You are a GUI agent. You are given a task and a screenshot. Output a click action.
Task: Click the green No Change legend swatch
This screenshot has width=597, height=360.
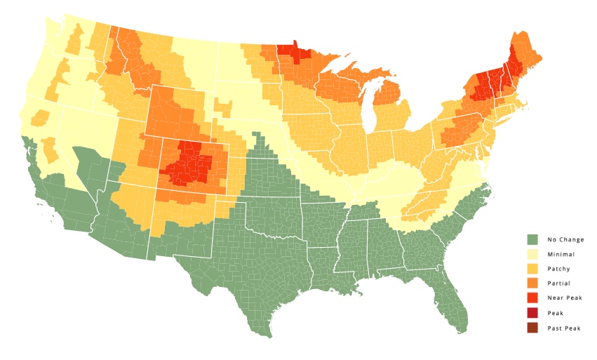tap(532, 239)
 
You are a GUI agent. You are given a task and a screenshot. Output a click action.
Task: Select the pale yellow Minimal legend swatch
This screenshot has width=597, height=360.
tap(532, 254)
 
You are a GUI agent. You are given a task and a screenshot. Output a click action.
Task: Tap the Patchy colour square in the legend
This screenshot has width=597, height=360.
tap(532, 269)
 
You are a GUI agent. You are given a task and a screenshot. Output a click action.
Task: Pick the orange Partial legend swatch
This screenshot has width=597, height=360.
tap(532, 284)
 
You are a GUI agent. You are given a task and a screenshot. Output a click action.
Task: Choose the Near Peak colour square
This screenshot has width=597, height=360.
tap(532, 298)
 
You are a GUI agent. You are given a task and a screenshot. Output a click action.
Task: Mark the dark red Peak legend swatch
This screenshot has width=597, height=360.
tap(532, 313)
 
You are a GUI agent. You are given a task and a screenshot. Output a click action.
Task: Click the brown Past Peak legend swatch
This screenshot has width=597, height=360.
tap(532, 328)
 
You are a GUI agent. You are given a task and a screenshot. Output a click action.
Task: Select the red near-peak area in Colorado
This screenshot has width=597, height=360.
tap(188, 164)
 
